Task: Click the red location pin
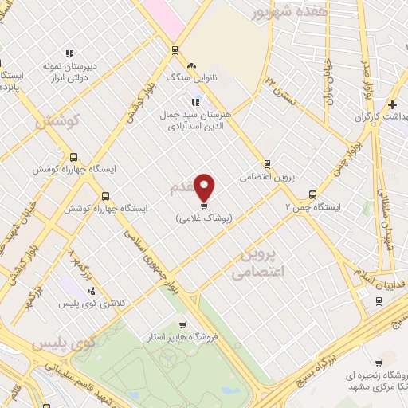(205, 186)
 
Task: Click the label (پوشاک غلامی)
(205, 218)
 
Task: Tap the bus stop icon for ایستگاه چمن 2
(312, 194)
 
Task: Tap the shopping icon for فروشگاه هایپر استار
(183, 325)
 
